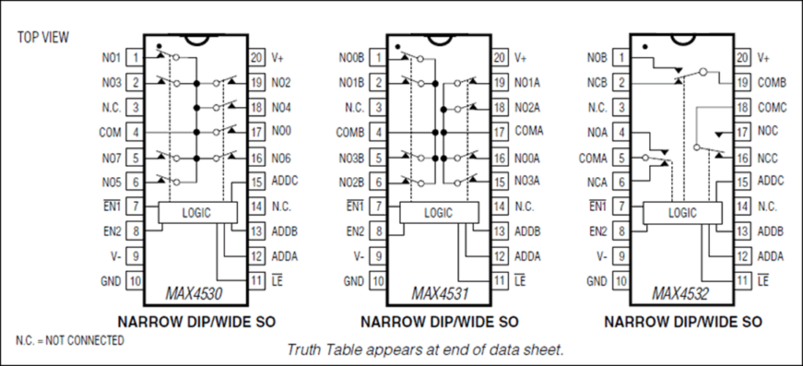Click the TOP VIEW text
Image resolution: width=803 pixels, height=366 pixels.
pyautogui.click(x=43, y=37)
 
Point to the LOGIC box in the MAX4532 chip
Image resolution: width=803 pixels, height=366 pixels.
pyautogui.click(x=683, y=213)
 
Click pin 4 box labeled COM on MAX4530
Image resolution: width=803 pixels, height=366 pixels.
pyautogui.click(x=136, y=132)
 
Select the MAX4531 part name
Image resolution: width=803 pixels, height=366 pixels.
pyautogui.click(x=437, y=294)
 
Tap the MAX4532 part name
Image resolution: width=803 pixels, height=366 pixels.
pyautogui.click(x=681, y=294)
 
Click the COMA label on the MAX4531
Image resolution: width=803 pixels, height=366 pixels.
pyautogui.click(x=528, y=132)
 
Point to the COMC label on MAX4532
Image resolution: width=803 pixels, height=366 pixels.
pyautogui.click(x=771, y=108)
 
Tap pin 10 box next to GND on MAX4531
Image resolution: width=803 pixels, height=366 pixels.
pyautogui.click(x=377, y=280)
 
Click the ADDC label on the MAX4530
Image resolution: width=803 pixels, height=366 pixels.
pyautogui.click(x=284, y=182)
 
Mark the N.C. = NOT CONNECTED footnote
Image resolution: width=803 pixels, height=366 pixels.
pyautogui.click(x=70, y=340)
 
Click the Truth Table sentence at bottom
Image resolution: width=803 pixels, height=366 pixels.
pyautogui.click(x=425, y=349)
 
